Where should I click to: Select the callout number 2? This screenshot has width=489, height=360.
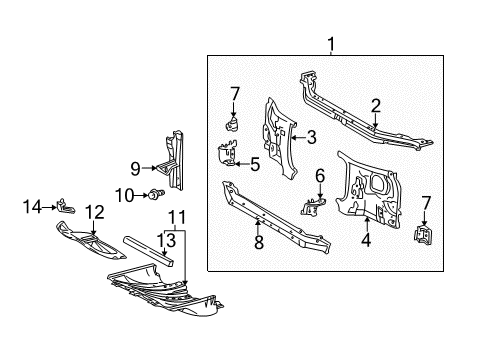[376, 106]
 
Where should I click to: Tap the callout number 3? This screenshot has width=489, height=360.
[311, 137]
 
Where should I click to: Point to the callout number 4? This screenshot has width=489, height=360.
[366, 240]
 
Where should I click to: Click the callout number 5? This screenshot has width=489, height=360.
[255, 164]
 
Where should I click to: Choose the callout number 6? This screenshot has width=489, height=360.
[320, 176]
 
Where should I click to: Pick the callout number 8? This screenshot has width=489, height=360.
[259, 242]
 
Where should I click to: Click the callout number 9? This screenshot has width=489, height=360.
[135, 169]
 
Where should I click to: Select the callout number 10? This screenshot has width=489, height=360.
[124, 195]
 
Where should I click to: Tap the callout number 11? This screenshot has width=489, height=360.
[177, 218]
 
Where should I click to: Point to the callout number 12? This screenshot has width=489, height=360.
[95, 212]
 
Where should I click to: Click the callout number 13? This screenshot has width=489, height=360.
[166, 240]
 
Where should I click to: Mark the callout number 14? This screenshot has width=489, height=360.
[32, 207]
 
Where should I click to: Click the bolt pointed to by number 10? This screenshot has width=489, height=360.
[156, 194]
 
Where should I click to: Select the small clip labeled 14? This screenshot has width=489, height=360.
[66, 206]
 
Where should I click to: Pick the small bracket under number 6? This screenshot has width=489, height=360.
[313, 206]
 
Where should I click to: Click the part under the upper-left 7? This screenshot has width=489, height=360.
[232, 123]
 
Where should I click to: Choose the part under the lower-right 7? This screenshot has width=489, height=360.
[423, 235]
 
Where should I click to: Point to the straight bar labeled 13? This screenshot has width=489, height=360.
[149, 251]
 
